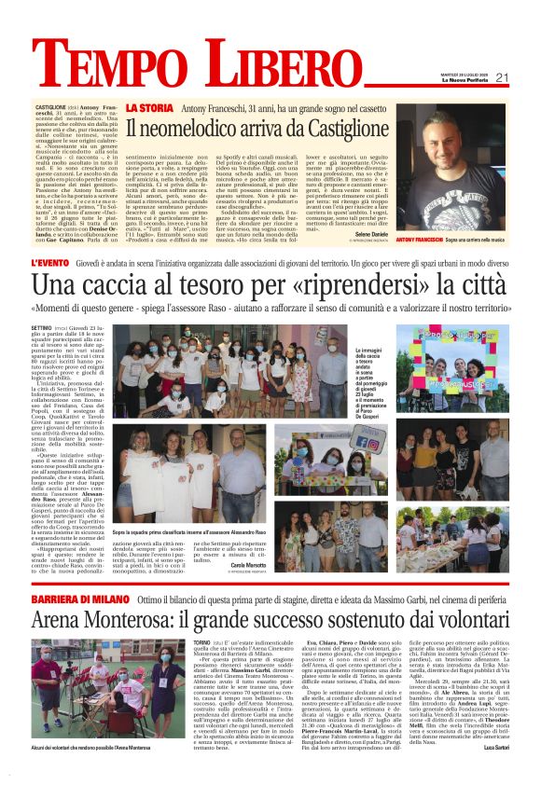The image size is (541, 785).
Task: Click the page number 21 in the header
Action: click(502, 78)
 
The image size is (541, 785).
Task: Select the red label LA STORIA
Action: click(148, 109)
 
